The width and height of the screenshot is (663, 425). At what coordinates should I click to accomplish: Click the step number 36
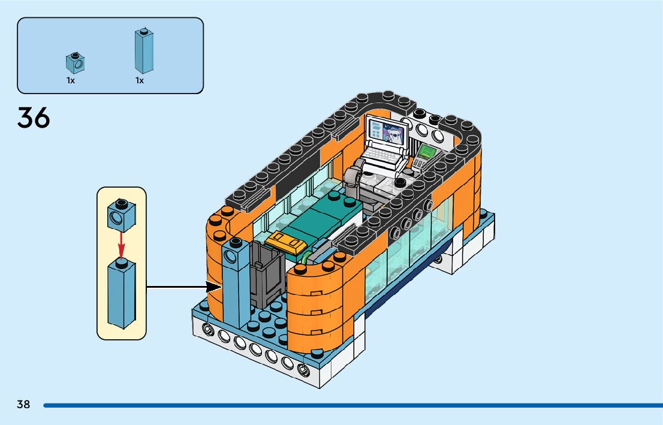34,117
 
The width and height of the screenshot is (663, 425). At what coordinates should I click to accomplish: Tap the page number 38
23,404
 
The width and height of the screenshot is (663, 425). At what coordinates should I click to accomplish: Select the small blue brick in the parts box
74,62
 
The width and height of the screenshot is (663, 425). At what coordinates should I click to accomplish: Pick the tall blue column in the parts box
144,52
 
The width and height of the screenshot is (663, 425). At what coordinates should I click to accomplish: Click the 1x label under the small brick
71,80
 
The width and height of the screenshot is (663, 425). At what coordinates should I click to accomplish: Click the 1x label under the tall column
140,80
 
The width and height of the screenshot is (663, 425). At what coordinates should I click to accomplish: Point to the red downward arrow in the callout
121,243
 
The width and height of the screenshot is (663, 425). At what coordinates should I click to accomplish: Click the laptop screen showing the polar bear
386,131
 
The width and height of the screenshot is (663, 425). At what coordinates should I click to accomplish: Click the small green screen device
426,153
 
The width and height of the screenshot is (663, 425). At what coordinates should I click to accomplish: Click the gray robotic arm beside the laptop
354,177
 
